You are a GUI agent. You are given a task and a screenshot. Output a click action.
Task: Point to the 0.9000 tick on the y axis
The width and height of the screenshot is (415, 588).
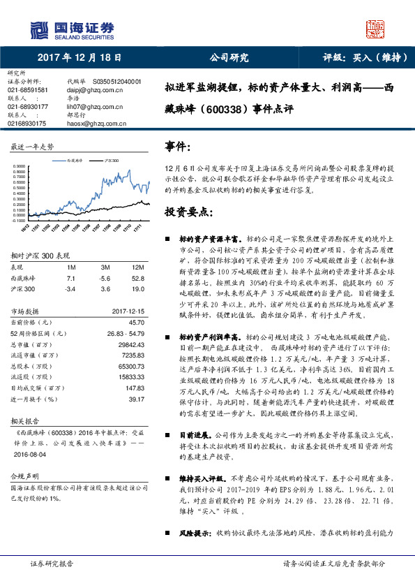[20, 166]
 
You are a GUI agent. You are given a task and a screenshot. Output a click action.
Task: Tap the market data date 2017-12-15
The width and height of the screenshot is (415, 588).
[128, 311]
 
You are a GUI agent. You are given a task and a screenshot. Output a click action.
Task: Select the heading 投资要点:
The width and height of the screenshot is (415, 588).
[188, 212]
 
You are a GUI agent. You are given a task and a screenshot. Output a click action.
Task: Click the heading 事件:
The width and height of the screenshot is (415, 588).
[177, 146]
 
